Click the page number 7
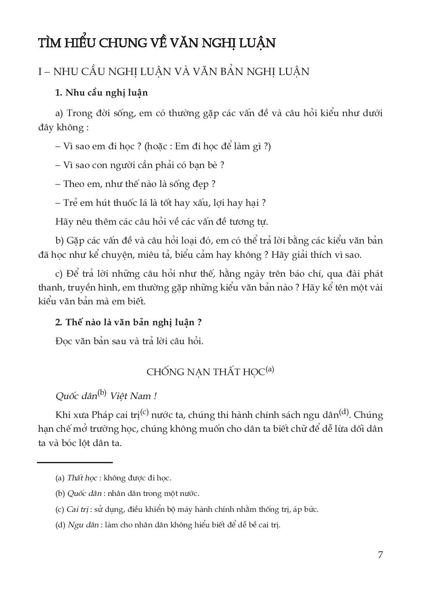click(x=380, y=555)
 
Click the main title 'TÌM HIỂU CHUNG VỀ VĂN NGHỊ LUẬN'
click(x=157, y=43)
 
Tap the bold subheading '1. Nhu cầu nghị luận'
click(x=101, y=93)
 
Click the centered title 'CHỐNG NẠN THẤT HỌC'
click(x=206, y=372)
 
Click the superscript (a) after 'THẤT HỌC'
click(x=270, y=369)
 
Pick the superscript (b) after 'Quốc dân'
click(x=102, y=393)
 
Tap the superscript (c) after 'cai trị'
click(x=145, y=412)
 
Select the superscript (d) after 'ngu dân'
click(x=344, y=412)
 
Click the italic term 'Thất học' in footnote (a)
click(x=82, y=477)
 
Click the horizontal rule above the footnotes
click(x=75, y=462)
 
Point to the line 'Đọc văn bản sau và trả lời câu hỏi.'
click(x=129, y=341)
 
